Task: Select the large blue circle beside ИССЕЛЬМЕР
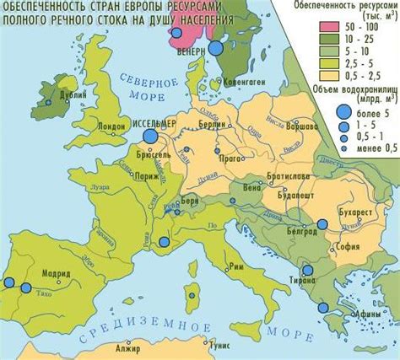coord(151,136)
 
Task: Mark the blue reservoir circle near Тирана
coord(308,271)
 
